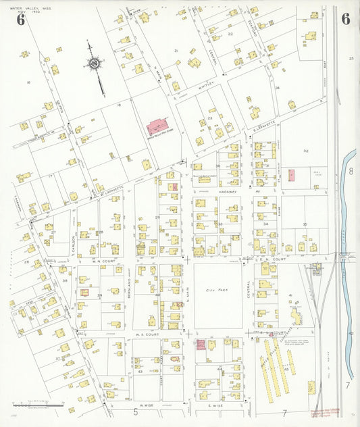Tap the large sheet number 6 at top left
(x=21, y=19)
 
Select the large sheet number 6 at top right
(x=345, y=19)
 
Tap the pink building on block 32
(x=291, y=175)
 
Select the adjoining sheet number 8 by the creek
(x=351, y=172)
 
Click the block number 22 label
(x=230, y=33)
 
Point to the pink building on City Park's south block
(x=201, y=345)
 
